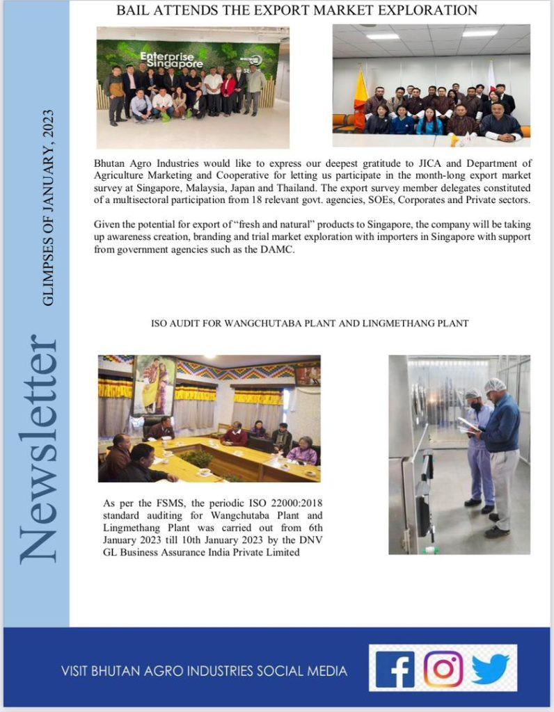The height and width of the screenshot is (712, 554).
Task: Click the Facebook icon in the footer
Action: point(395,670)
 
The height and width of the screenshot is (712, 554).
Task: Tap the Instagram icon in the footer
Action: point(443,669)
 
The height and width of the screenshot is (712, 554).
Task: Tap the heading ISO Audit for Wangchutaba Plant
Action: point(310,323)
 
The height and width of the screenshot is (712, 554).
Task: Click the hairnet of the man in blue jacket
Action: point(495,385)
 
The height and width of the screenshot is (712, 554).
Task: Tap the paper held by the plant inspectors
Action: point(467,424)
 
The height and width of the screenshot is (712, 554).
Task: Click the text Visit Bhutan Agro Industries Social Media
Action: point(204,671)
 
